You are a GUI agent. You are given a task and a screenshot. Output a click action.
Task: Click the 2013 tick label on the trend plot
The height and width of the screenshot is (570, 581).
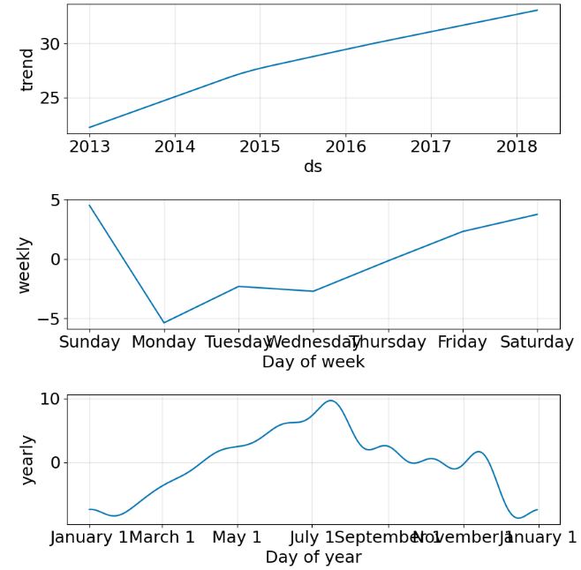pos(89,146)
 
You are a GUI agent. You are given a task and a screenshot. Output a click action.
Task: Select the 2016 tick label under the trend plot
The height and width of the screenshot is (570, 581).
pos(345,146)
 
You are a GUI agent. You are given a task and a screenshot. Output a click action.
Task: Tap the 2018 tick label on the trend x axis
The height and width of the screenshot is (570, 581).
pos(516,146)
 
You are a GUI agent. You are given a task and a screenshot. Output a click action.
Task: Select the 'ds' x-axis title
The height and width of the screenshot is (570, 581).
pos(313,167)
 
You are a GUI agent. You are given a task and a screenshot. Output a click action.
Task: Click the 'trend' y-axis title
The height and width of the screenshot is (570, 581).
pos(26,70)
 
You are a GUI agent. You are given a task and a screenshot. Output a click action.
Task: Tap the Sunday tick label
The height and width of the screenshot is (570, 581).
pos(89,342)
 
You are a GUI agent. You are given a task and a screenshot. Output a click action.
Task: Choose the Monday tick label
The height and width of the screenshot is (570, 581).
pos(163,342)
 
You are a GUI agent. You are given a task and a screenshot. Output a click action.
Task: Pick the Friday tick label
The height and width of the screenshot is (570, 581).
pos(463,342)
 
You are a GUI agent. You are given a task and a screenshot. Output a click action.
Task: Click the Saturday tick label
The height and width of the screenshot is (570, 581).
pos(537,342)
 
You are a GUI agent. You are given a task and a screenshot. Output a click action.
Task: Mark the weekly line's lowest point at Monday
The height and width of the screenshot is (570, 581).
pos(163,323)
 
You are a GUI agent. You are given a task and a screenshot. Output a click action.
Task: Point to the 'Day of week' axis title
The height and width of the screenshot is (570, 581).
pos(313,362)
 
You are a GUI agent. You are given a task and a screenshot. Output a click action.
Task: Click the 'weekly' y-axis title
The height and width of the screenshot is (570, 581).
pos(25,265)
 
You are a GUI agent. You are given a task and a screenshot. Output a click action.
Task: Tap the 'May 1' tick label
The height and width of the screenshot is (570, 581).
pos(237,537)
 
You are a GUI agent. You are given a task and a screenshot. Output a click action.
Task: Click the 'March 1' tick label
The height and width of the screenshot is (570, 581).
pos(162,537)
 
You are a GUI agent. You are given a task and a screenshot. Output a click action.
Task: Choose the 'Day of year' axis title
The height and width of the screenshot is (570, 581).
pos(313,558)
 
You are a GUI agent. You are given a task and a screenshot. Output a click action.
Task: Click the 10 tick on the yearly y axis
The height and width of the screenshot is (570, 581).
pos(49,399)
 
